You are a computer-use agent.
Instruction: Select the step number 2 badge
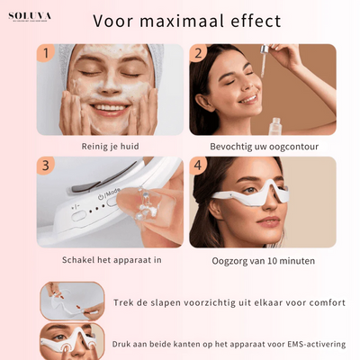198,54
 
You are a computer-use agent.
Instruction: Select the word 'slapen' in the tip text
166,302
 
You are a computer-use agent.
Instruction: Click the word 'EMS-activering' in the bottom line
310,344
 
